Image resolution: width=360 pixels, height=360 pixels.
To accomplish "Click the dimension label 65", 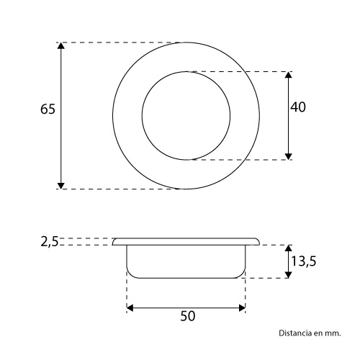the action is (x=48, y=109).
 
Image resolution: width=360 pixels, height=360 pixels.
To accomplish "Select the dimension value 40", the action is (x=298, y=107).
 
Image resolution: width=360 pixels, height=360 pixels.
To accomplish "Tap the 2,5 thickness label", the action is (x=49, y=242).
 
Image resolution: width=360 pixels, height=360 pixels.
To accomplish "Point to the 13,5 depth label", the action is (x=304, y=261).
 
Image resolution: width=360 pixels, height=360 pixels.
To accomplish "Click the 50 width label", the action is (x=188, y=316).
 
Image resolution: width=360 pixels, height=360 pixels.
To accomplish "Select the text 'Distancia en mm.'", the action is (x=310, y=333).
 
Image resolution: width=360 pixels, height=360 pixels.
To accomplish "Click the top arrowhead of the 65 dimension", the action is (x=61, y=45).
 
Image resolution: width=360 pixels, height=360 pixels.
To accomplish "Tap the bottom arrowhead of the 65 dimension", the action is (x=61, y=186).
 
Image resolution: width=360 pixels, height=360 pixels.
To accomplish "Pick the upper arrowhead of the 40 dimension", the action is (x=288, y=75).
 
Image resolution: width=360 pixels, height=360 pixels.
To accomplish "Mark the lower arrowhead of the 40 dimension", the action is (x=288, y=156).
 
